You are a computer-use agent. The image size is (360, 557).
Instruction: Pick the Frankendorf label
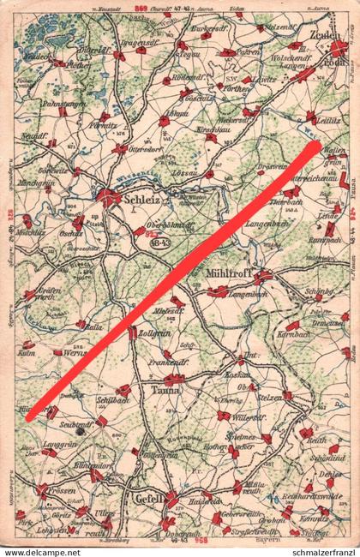coord(167,362)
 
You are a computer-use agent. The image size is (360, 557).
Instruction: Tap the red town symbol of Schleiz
coord(109,197)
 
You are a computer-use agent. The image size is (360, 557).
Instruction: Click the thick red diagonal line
coord(171,282)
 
